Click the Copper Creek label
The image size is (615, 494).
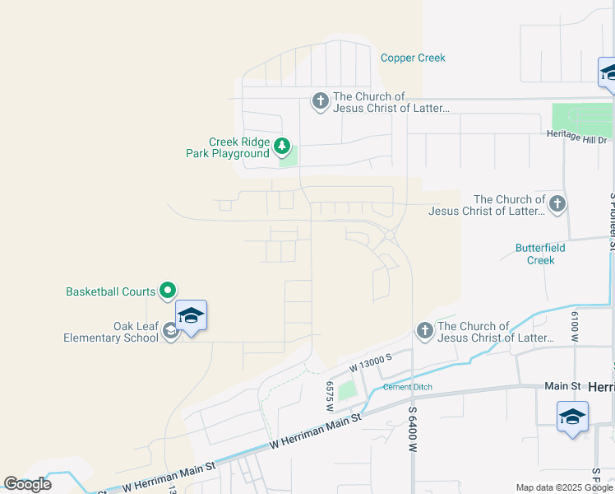(413, 58)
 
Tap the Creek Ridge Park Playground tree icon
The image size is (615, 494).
(282, 147)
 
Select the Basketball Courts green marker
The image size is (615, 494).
(167, 290)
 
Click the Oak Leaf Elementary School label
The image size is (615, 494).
(111, 332)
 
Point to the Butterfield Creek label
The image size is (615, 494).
(534, 254)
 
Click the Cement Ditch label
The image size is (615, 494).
(407, 387)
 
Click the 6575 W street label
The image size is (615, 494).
(329, 396)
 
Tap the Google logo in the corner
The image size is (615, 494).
(27, 484)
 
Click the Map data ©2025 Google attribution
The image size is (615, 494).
(564, 487)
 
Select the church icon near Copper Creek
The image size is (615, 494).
(320, 102)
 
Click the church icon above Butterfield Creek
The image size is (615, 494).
(557, 203)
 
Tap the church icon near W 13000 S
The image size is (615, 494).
(424, 331)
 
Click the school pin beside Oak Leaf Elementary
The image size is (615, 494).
(191, 316)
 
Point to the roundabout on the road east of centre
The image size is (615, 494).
(390, 236)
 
